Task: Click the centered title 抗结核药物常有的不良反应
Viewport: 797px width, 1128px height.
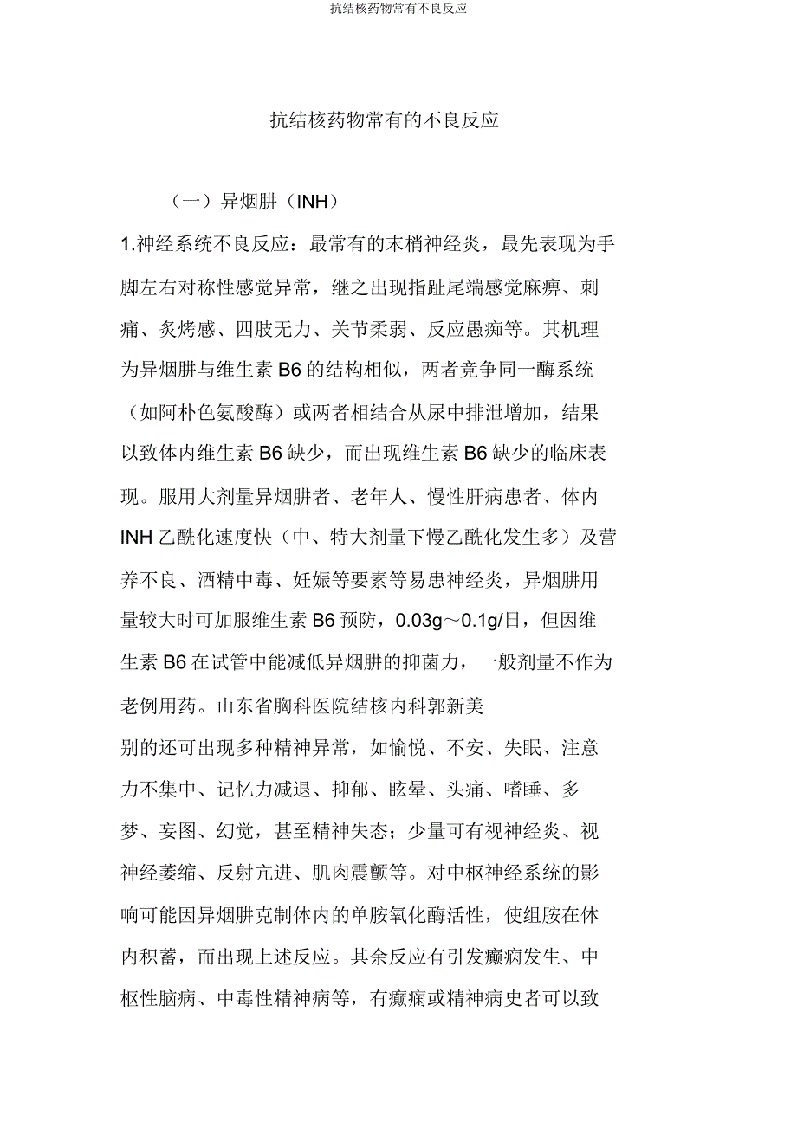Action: pyautogui.click(x=384, y=120)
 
